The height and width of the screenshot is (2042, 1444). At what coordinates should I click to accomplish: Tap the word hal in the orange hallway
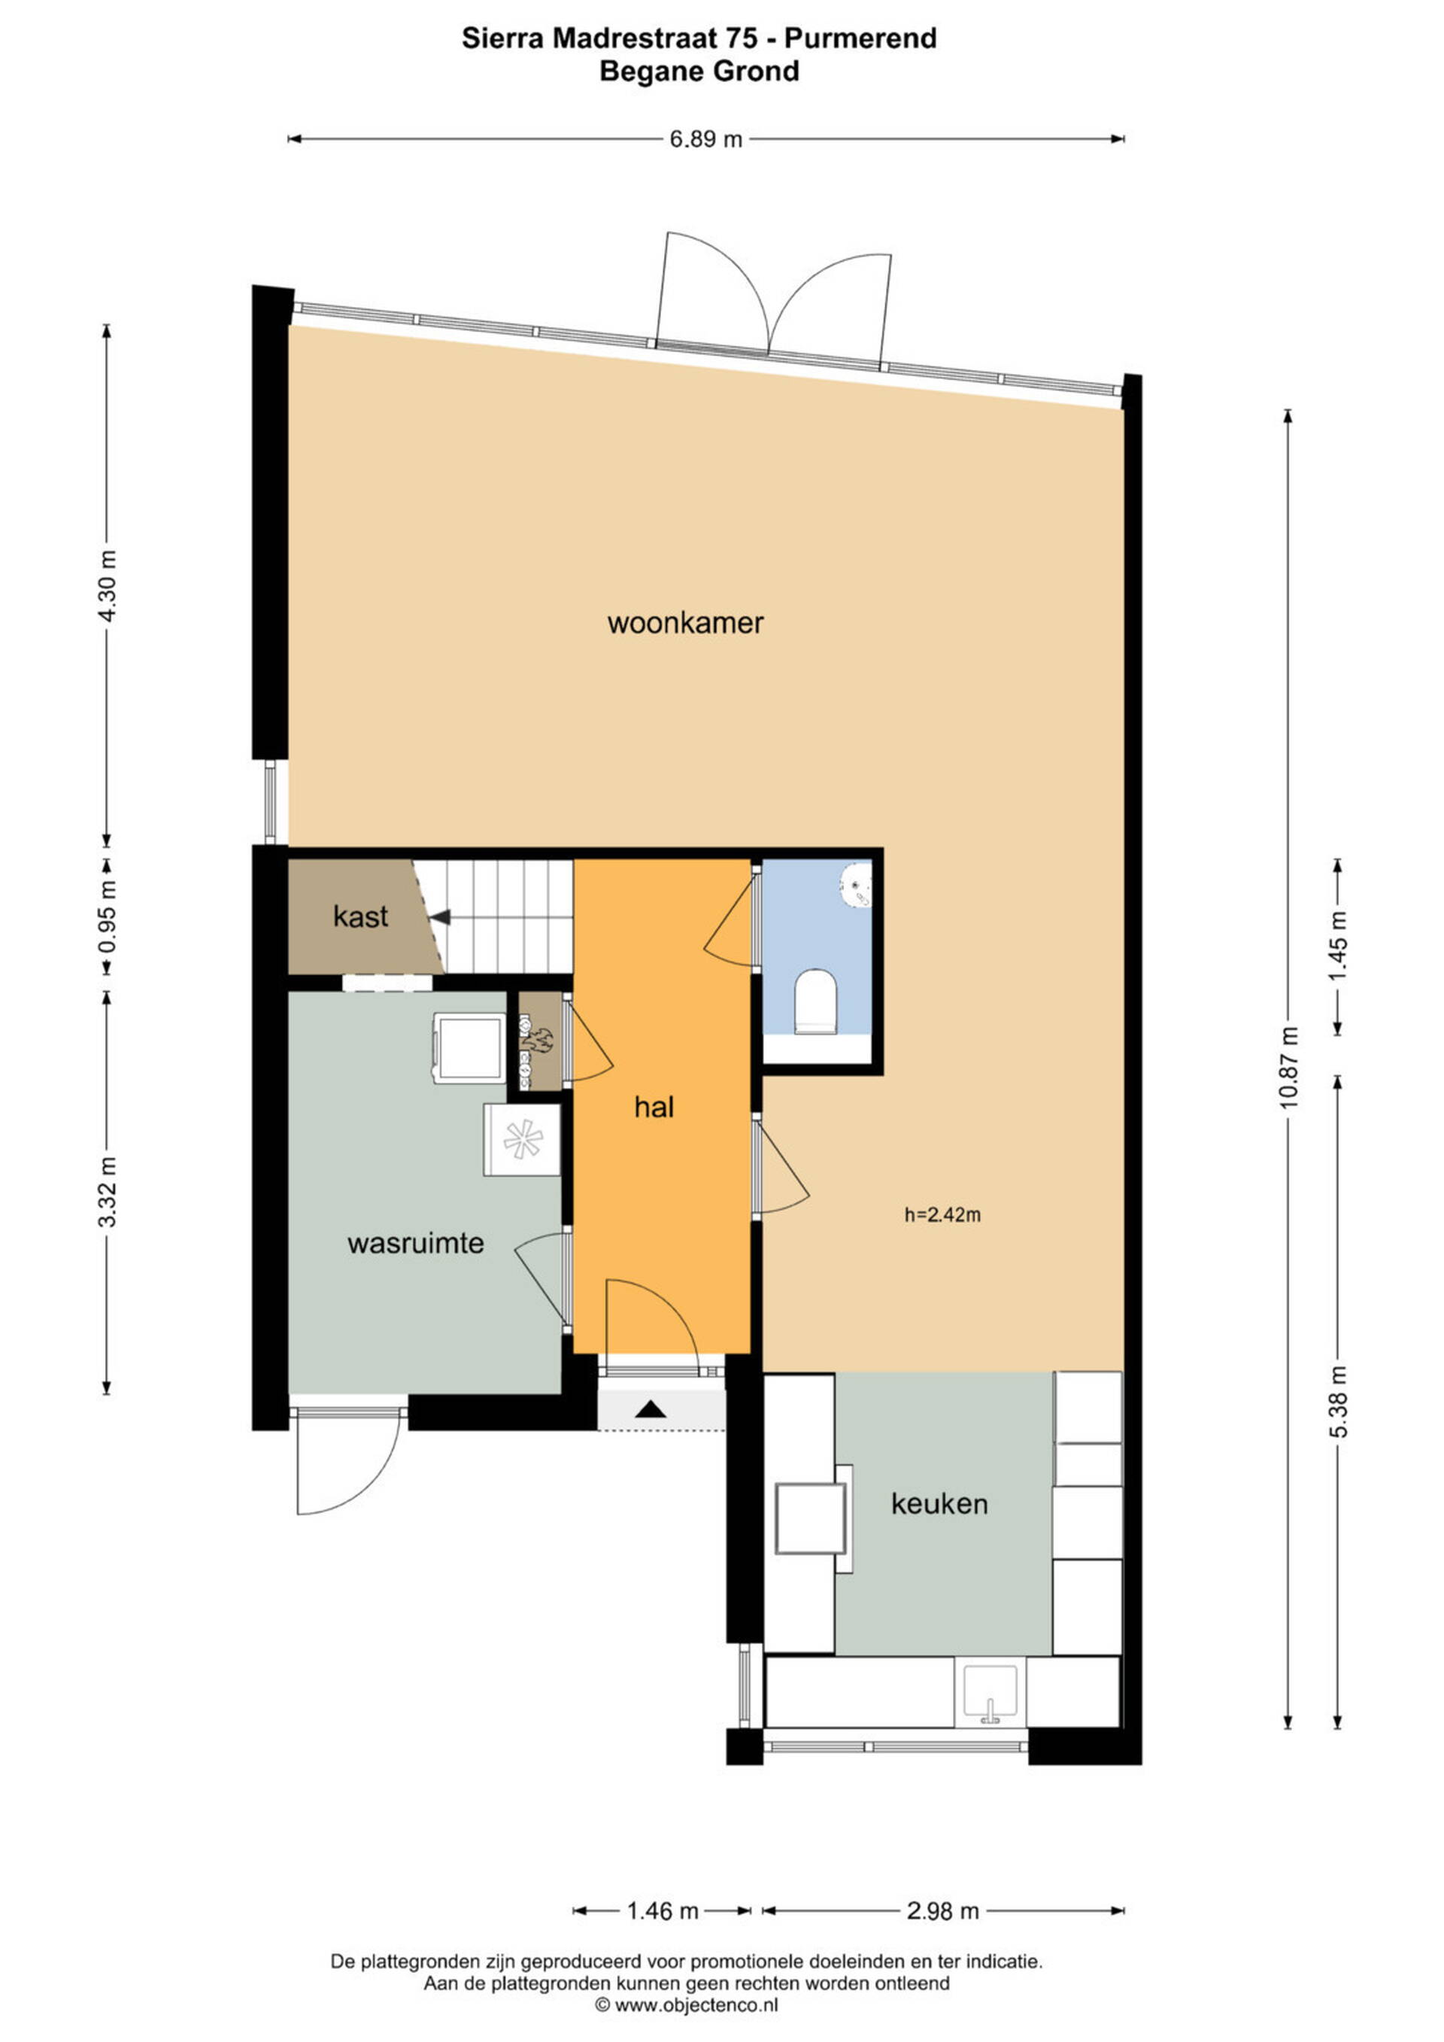pos(654,1108)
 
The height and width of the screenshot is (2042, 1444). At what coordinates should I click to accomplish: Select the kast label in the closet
pos(360,916)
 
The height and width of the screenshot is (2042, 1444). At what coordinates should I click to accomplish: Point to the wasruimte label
pos(415,1244)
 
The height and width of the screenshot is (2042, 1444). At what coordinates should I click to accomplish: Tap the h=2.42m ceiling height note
pos(942,1215)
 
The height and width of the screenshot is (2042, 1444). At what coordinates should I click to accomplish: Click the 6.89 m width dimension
pos(706,138)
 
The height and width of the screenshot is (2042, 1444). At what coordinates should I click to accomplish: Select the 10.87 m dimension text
pos(1289,1067)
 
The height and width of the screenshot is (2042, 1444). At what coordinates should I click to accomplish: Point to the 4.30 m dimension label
pos(107,587)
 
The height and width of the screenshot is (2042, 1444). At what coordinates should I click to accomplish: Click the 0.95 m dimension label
pos(107,916)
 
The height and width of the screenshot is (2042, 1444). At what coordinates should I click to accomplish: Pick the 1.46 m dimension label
pos(663,1910)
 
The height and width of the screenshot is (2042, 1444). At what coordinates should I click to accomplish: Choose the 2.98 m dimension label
pos(942,1910)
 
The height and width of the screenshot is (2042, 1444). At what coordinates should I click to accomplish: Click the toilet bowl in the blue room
pos(815,1002)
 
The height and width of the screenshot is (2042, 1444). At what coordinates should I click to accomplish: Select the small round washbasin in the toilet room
pos(857,884)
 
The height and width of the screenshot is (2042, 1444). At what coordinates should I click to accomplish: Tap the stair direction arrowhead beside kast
pos(441,916)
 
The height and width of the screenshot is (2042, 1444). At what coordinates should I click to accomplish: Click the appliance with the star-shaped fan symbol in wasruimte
pos(522,1139)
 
